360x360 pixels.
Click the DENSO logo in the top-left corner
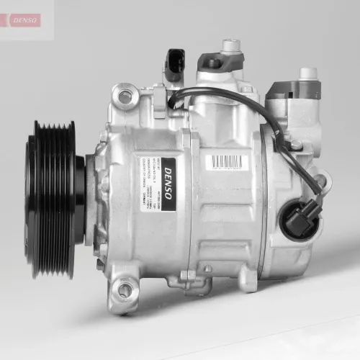(x=24, y=19)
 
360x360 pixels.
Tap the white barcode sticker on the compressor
(x=227, y=162)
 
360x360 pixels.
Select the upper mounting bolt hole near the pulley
(x=125, y=96)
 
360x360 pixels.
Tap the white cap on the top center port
(x=230, y=45)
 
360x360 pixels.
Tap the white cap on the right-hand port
(x=308, y=73)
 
